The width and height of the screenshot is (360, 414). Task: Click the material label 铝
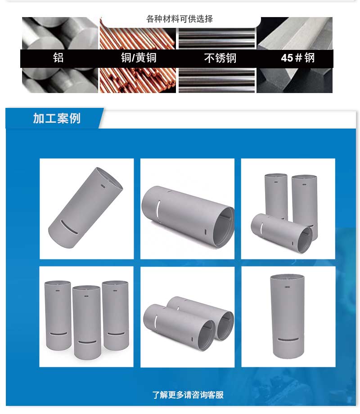pyautogui.click(x=58, y=58)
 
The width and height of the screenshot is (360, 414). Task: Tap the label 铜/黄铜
pyautogui.click(x=139, y=58)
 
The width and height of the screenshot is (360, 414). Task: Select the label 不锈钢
pyautogui.click(x=220, y=58)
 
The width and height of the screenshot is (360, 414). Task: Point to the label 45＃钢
pyautogui.click(x=297, y=58)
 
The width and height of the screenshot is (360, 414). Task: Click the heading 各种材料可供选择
pyautogui.click(x=180, y=19)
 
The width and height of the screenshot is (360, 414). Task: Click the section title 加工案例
pyautogui.click(x=57, y=118)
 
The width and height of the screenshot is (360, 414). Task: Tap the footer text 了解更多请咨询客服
pyautogui.click(x=188, y=395)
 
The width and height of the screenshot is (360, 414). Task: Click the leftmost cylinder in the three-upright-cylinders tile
pyautogui.click(x=58, y=315)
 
